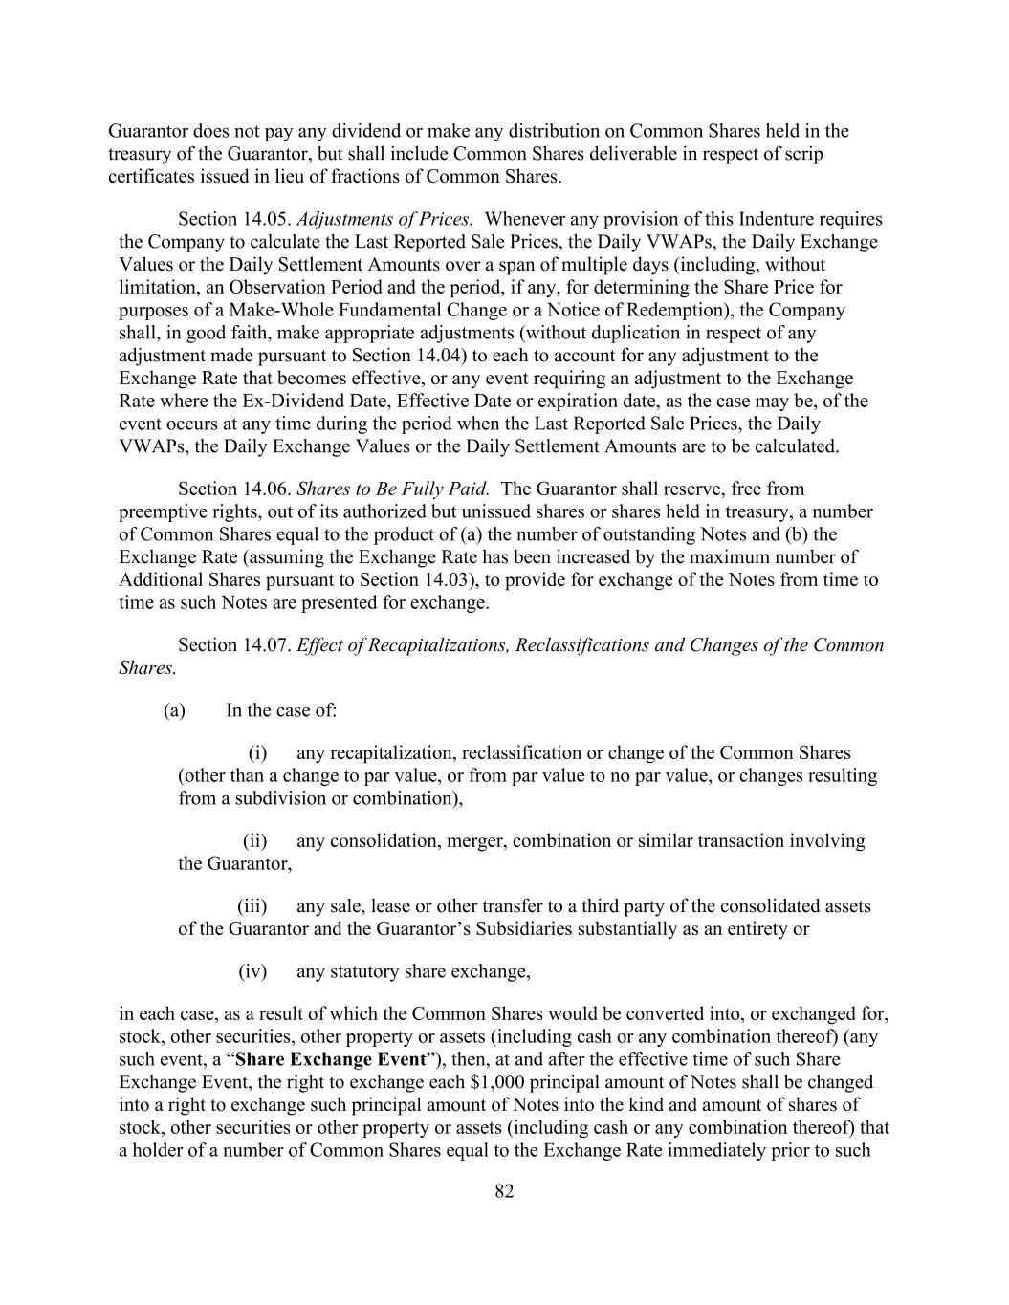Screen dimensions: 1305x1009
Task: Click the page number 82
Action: (x=505, y=1191)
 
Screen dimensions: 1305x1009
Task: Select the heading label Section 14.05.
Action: (x=234, y=220)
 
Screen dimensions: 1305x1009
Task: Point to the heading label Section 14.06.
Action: (x=234, y=489)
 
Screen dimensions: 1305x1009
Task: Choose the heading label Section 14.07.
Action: (x=234, y=645)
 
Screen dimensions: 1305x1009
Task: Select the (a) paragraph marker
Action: (x=174, y=710)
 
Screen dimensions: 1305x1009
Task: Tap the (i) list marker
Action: (x=257, y=753)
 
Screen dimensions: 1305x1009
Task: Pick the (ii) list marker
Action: (x=254, y=841)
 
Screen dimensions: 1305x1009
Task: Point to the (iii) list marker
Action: (x=252, y=906)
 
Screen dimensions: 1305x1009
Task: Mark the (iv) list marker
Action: (x=252, y=972)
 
